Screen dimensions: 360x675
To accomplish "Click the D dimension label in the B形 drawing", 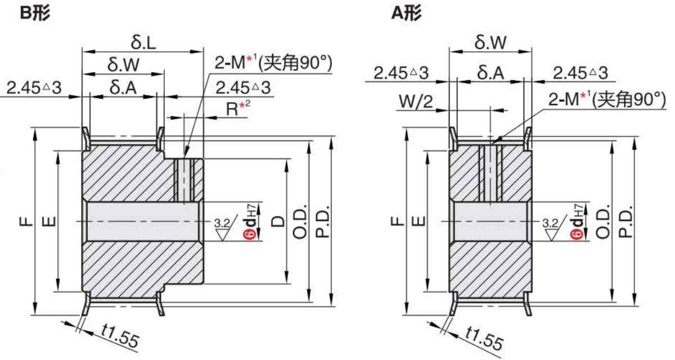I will pyautogui.click(x=277, y=222).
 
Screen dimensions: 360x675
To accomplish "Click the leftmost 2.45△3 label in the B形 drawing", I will pyautogui.click(x=33, y=87).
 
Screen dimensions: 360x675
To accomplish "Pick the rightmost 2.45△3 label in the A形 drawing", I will pyautogui.click(x=580, y=73).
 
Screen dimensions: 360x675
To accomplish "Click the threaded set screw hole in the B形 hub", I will pyautogui.click(x=184, y=180).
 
